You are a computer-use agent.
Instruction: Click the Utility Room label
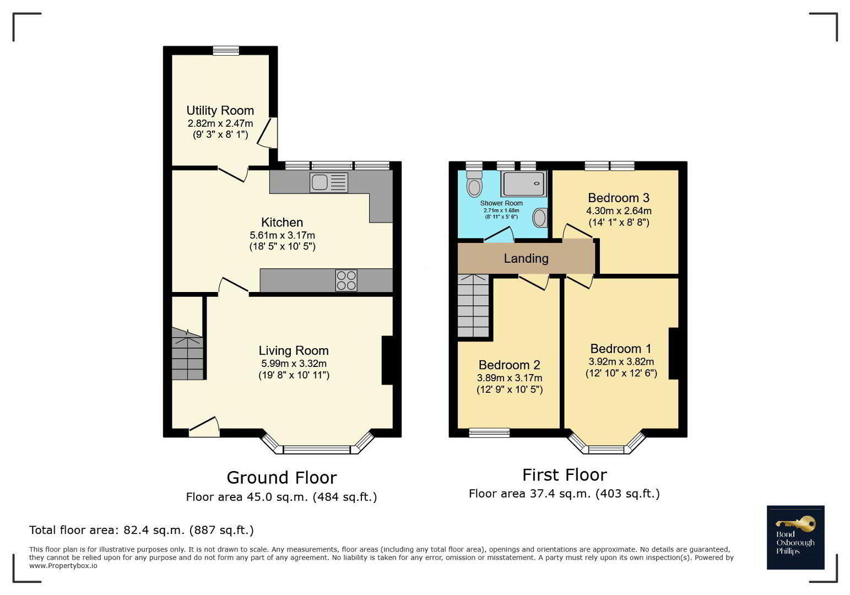click(220, 110)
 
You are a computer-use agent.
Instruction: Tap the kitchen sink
click(329, 182)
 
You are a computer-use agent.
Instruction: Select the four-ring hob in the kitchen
click(346, 280)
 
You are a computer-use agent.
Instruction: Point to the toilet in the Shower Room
click(474, 183)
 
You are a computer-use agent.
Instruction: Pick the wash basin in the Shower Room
click(540, 218)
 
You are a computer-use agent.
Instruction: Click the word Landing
click(526, 258)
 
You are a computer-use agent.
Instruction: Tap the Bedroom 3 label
click(619, 198)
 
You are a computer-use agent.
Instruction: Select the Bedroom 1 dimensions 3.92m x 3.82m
click(621, 361)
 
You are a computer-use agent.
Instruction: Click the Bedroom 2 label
click(509, 365)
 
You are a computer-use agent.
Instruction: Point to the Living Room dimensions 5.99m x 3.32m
click(294, 363)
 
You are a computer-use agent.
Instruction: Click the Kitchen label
click(282, 222)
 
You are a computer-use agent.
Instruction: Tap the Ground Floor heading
click(281, 478)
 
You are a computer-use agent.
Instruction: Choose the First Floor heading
click(565, 475)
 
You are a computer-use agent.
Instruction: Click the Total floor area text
click(142, 530)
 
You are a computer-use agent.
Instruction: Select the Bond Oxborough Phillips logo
click(795, 537)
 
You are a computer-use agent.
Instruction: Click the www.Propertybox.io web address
click(63, 566)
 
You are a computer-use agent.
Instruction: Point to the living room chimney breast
click(387, 360)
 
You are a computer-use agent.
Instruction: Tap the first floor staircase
click(473, 305)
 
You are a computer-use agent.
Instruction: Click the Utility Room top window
click(226, 51)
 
